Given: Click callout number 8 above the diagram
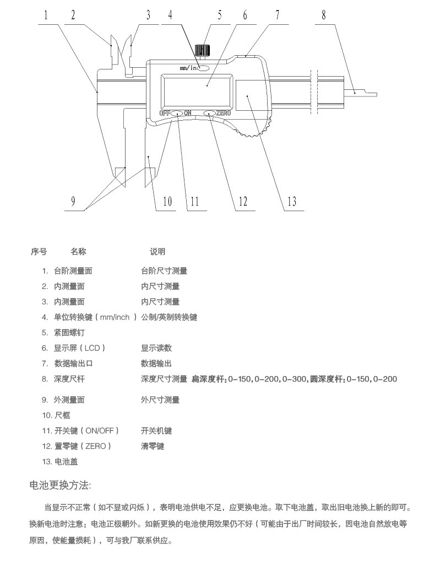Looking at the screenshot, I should pos(324,15).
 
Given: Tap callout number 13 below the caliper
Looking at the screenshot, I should pos(291,202).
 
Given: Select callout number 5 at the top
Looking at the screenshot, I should pos(219,15).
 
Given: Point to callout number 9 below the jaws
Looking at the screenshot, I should pos(73,202).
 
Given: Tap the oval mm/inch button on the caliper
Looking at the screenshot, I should pos(203,68).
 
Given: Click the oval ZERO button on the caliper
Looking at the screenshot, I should pos(210,114).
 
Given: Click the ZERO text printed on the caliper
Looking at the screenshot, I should pos(224,114).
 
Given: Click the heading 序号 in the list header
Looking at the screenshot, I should pos(38,252).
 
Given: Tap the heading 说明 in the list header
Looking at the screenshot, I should pos(157,252).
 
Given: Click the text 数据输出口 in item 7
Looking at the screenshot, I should pos(73,363).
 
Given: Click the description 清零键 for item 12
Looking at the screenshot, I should pos(153,445).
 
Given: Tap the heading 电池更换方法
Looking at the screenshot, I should pos(61,485).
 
